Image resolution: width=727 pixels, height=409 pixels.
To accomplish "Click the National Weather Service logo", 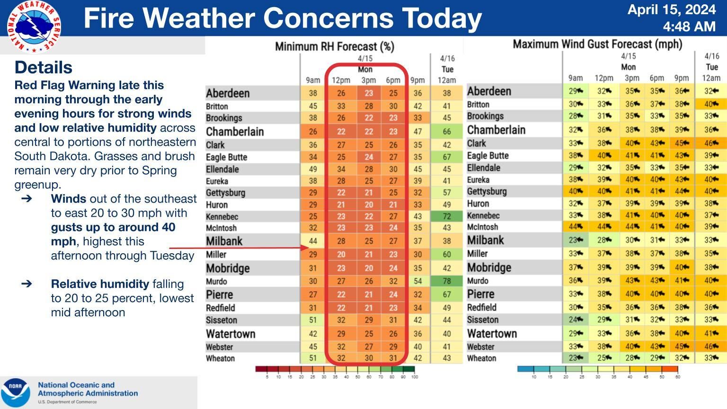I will (34, 27).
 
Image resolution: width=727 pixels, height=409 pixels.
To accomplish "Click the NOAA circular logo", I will (16, 392).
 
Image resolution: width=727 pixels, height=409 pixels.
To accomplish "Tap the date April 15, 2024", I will (671, 9).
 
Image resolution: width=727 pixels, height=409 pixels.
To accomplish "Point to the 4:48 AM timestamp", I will (689, 27).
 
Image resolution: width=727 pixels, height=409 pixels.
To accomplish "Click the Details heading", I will (44, 67).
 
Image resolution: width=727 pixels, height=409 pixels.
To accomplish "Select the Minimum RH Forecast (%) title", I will (334, 46).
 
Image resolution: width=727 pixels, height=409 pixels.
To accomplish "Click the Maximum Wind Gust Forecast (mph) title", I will (597, 44).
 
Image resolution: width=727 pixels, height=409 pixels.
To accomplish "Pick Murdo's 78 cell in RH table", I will (446, 281).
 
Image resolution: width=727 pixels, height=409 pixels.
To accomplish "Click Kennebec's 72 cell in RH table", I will (446, 216).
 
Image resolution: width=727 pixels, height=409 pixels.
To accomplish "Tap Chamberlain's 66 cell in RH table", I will (446, 132).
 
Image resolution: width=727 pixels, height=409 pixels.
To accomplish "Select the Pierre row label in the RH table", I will (219, 294).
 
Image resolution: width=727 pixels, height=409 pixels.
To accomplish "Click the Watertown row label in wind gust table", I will (492, 333).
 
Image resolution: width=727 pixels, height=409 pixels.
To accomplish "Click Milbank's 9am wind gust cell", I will (575, 240).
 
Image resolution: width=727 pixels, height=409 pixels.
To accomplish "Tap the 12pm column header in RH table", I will (341, 80).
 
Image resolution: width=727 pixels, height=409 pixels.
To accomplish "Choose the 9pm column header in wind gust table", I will (682, 78).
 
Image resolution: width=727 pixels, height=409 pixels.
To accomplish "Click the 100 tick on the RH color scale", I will (414, 377).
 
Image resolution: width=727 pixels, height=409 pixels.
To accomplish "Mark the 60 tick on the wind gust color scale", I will (677, 377).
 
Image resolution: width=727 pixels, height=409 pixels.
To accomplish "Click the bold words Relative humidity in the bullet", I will (100, 284).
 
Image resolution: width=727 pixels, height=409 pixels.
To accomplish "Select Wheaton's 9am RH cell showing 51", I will (313, 358).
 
